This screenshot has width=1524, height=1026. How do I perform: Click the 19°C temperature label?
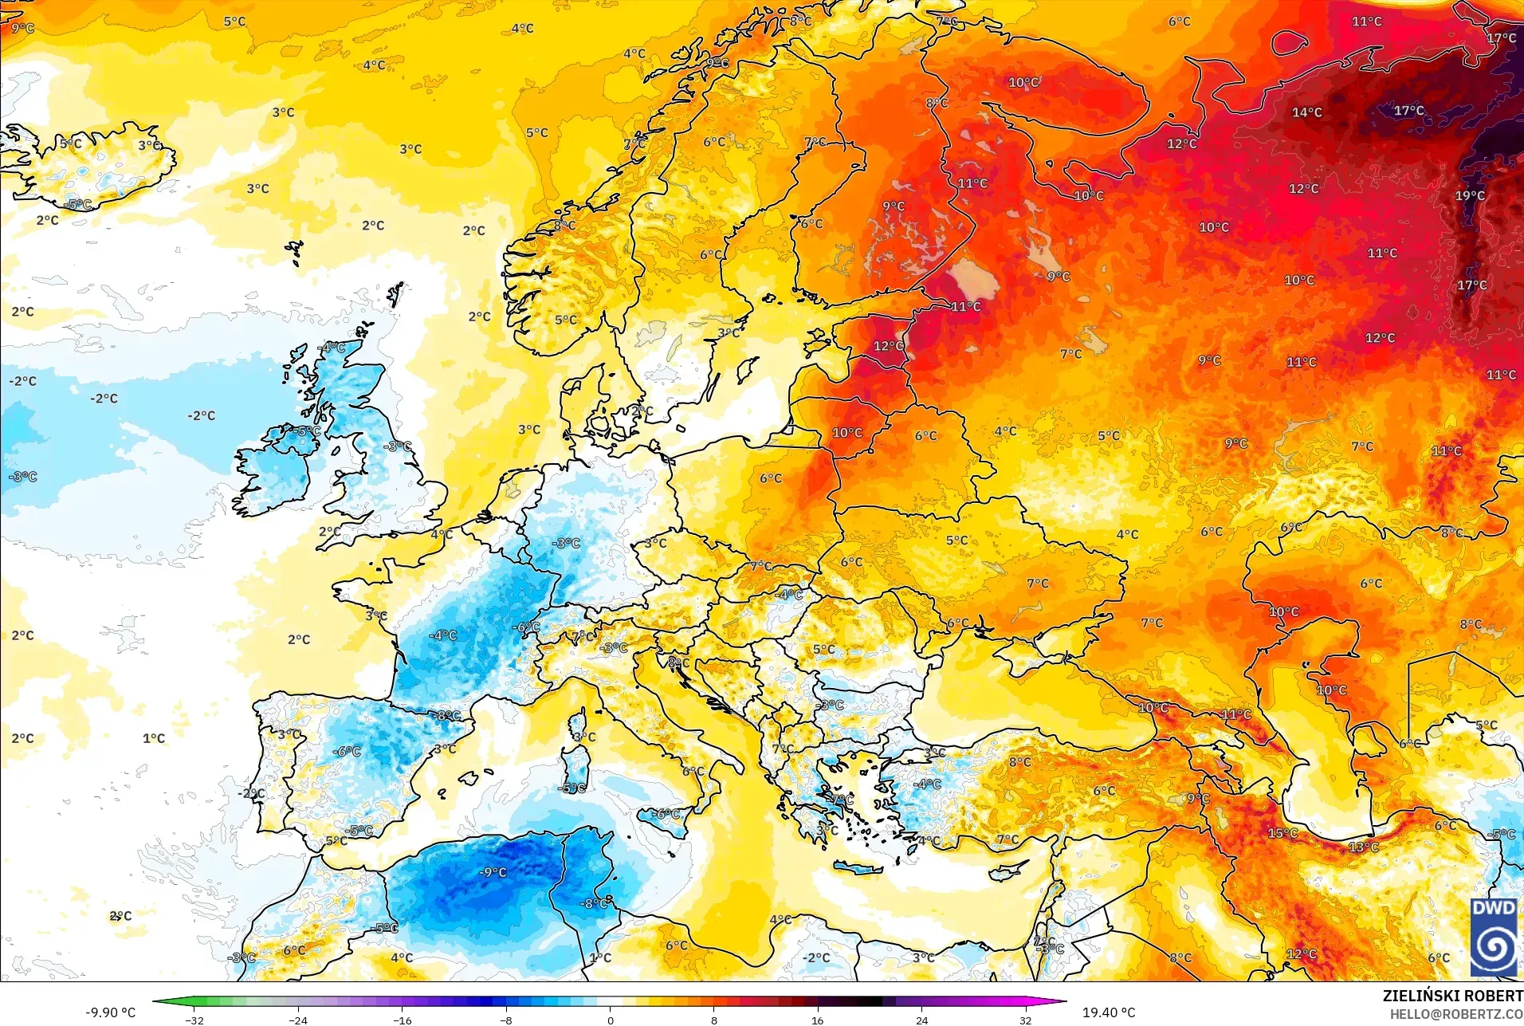(1470, 195)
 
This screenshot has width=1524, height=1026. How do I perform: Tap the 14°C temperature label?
(1306, 112)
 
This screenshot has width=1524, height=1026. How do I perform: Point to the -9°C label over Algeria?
(493, 872)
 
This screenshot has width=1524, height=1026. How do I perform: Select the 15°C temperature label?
(1282, 833)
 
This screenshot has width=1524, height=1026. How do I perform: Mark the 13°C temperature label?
(1363, 847)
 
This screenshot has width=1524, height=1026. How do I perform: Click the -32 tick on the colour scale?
(194, 1020)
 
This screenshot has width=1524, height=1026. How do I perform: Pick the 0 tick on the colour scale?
(611, 1020)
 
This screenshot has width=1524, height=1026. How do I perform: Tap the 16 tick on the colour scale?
(817, 1020)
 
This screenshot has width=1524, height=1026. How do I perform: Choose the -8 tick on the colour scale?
(506, 1020)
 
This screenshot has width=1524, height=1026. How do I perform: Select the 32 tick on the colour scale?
(1025, 1020)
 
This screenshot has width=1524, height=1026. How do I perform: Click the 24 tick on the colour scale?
(921, 1020)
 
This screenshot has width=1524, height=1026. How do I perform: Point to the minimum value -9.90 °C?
(111, 1012)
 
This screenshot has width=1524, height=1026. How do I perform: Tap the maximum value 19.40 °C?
(1108, 1012)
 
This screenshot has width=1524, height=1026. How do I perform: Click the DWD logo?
(1493, 937)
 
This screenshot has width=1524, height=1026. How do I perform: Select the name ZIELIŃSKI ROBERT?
(1452, 996)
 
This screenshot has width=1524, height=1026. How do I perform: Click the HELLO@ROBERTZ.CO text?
(1456, 1014)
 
